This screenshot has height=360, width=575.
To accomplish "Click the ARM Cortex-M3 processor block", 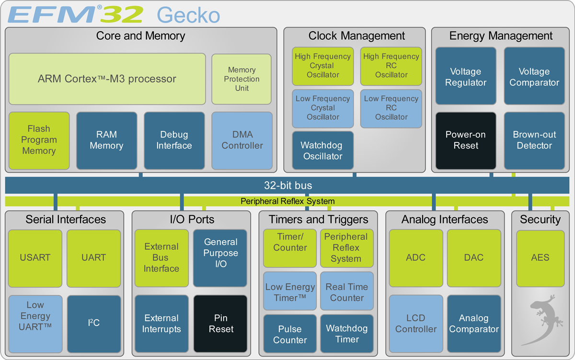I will [107, 79].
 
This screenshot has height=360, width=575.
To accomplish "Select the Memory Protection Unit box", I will [241, 79].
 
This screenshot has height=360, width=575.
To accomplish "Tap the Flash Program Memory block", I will [39, 140].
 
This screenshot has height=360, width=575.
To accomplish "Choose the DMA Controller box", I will [242, 140].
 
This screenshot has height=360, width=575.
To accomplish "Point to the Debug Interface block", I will [174, 140].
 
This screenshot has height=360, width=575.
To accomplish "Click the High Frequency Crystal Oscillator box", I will [323, 66].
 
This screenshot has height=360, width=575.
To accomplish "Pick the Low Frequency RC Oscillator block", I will [391, 108].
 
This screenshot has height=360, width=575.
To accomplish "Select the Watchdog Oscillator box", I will [323, 151].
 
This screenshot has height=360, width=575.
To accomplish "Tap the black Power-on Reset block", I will [465, 140].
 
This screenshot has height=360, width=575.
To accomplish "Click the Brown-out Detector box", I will [534, 140].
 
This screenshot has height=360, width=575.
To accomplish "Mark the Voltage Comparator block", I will [534, 77].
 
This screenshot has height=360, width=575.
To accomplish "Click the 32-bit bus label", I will [287, 185].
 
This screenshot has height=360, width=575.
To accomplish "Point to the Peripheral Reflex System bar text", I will [287, 201].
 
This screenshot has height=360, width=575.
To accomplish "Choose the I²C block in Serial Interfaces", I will [94, 323].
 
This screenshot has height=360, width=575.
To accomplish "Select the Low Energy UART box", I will [35, 316].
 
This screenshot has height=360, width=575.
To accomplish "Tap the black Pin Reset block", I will [220, 324].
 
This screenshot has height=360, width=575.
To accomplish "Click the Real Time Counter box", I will [347, 292].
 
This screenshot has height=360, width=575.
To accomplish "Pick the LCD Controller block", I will [416, 324].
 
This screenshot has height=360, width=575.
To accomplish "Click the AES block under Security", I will [540, 257].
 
